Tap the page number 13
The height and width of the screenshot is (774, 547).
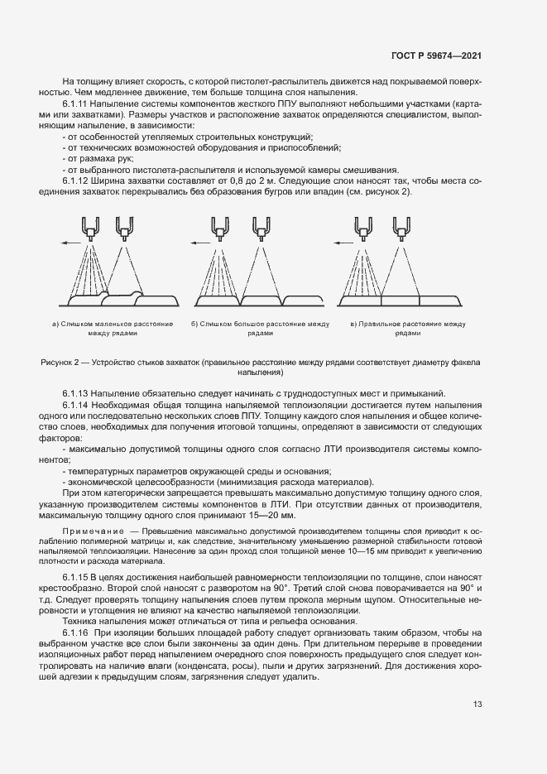point(477,704)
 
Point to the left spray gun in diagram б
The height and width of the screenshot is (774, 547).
point(220,226)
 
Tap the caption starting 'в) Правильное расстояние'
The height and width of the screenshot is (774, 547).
point(408,324)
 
